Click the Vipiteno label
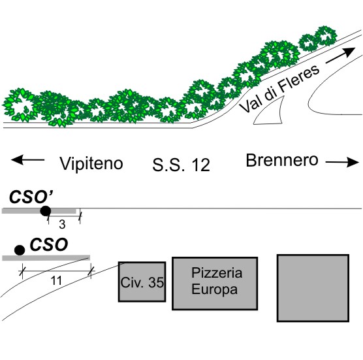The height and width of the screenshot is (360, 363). [x=91, y=163]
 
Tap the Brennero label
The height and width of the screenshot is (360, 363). [x=282, y=160]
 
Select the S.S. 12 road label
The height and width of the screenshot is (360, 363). [x=181, y=165]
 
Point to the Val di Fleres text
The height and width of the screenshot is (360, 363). [x=279, y=88]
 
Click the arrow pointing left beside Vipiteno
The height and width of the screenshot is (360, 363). [x=27, y=160]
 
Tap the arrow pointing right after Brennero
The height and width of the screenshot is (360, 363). [x=342, y=162]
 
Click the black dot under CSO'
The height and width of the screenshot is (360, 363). [x=46, y=211]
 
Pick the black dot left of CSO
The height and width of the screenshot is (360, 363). [x=20, y=250]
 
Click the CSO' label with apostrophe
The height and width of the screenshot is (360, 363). [x=32, y=197]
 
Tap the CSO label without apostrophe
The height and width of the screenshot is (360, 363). [x=49, y=244]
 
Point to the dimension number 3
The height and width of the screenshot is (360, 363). [x=62, y=225]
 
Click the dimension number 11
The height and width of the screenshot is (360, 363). [x=56, y=281]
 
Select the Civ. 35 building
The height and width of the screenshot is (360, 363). [x=142, y=282]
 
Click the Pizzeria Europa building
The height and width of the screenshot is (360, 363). [x=215, y=284]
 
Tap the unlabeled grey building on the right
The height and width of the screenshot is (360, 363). [x=313, y=288]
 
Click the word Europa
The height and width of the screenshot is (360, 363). [x=214, y=290]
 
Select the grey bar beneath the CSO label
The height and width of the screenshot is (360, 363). [x=46, y=258]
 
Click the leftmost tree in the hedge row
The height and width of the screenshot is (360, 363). [x=20, y=105]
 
